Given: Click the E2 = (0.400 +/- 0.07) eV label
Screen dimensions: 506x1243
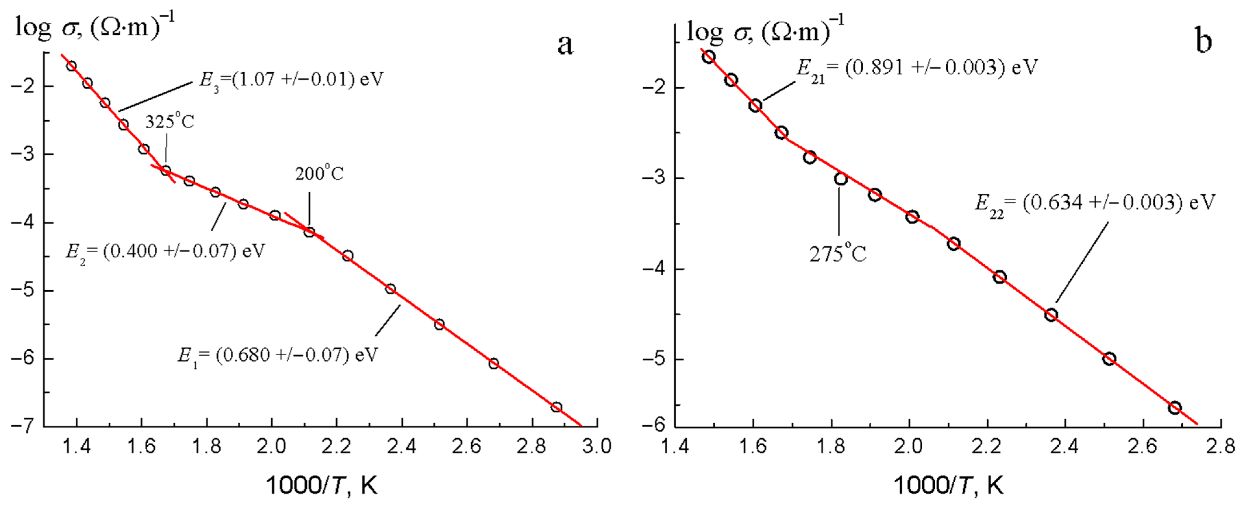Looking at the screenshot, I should tap(165, 252).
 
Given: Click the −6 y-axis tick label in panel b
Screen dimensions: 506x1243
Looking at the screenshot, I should tap(654, 427).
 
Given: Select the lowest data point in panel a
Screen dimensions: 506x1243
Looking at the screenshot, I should tap(556, 407).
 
